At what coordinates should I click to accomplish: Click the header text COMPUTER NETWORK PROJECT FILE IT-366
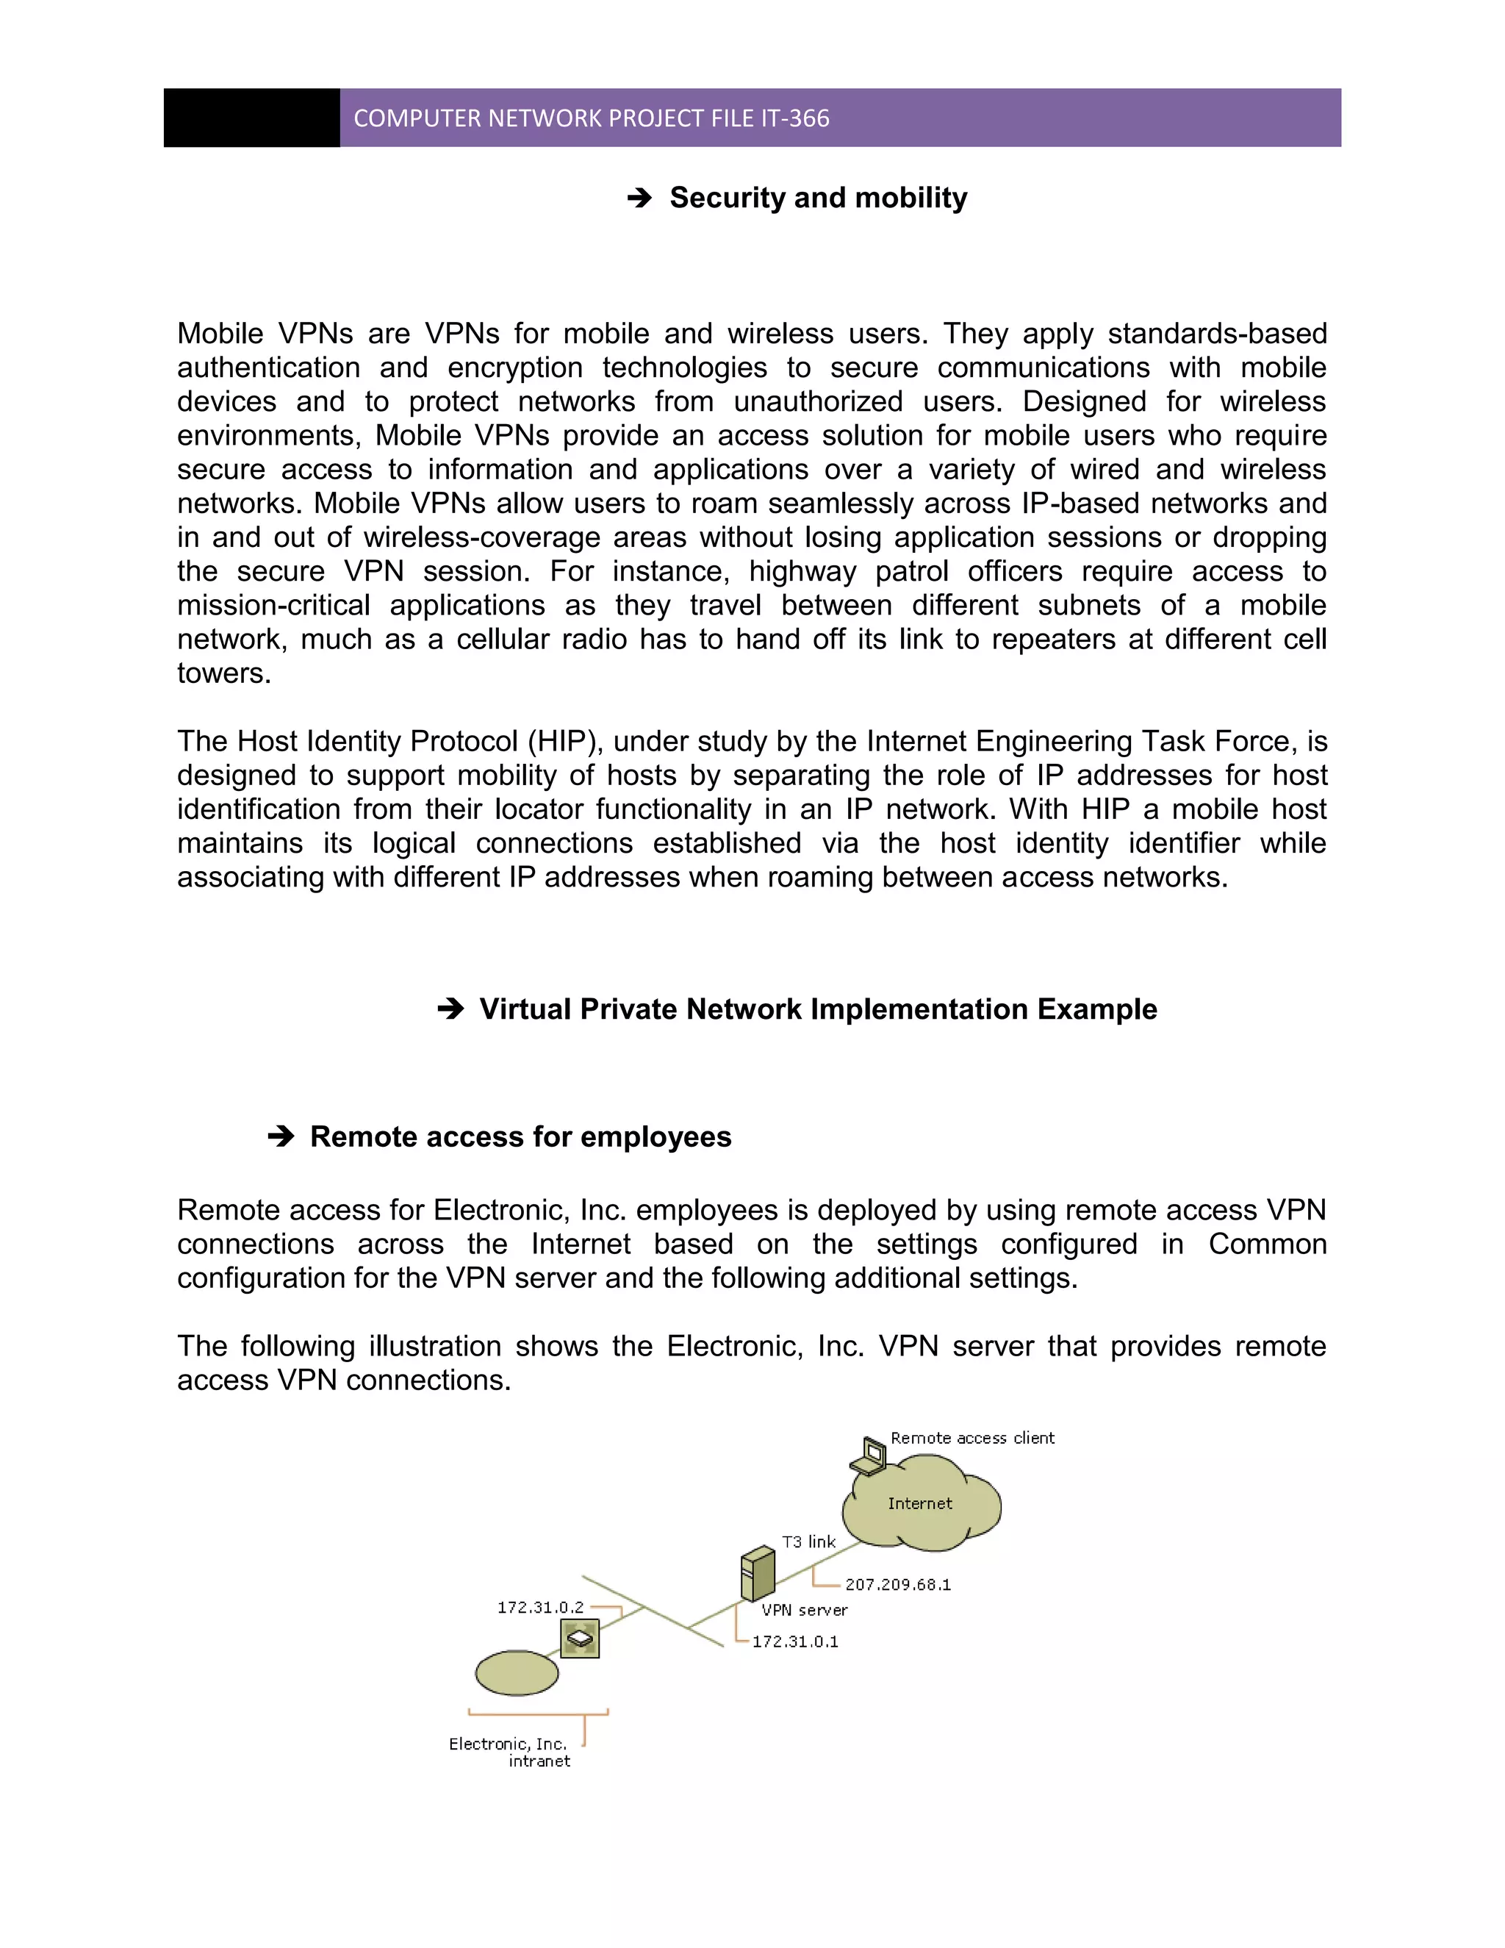(x=591, y=118)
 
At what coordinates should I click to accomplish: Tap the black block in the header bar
(x=251, y=118)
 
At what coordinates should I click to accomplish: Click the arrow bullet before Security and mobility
(x=639, y=198)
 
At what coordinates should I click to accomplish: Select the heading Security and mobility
(x=818, y=197)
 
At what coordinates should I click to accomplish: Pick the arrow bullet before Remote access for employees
(x=281, y=1136)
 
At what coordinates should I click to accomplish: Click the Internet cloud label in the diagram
(x=919, y=1504)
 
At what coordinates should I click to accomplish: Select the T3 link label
(x=808, y=1541)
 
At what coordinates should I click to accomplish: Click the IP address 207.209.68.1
(x=898, y=1584)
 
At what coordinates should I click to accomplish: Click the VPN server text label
(x=804, y=1610)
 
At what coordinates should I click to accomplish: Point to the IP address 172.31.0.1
(x=795, y=1641)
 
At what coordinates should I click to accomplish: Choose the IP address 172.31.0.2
(x=540, y=1607)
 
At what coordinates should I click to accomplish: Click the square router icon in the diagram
(x=580, y=1639)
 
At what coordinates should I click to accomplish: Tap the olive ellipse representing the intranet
(x=516, y=1672)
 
